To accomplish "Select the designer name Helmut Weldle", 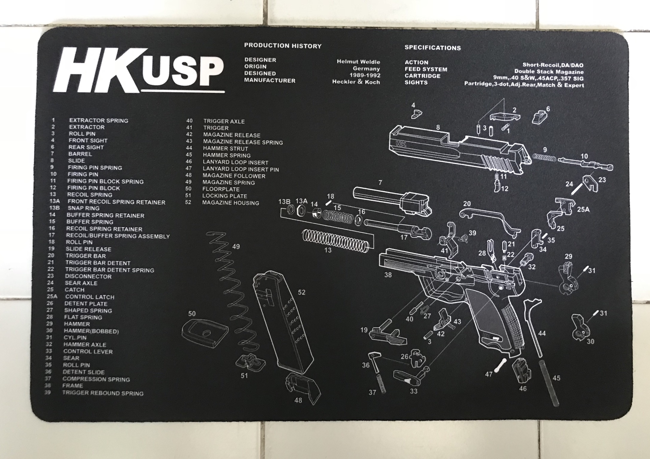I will pyautogui.click(x=358, y=62).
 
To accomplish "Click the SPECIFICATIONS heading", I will pyautogui.click(x=432, y=48).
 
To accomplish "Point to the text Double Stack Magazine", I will pyautogui.click(x=549, y=72).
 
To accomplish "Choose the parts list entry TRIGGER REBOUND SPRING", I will pyautogui.click(x=103, y=393).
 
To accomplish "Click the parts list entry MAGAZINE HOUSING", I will pyautogui.click(x=231, y=203).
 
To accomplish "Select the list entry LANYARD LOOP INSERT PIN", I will pyautogui.click(x=241, y=169).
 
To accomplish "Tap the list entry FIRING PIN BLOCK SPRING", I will pyautogui.click(x=105, y=181).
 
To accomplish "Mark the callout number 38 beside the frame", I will pyautogui.click(x=388, y=275).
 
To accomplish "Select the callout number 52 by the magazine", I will pyautogui.click(x=301, y=292).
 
